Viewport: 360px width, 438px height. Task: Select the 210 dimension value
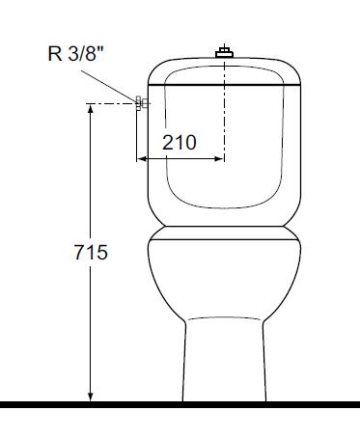180,142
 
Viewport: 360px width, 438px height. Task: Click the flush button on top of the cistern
225,51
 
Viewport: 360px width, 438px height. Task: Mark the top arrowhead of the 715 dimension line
91,110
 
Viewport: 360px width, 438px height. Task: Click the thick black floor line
180,401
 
